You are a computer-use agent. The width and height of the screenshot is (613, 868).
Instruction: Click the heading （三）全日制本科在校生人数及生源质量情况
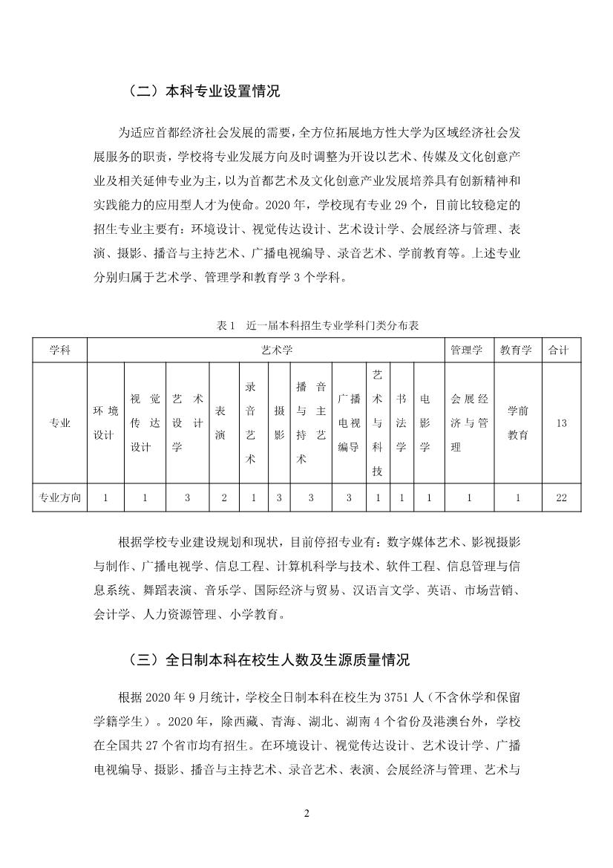(269, 659)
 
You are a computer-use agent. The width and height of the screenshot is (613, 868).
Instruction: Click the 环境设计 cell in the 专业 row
(105, 423)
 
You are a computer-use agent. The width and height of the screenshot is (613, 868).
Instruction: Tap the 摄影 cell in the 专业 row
(279, 423)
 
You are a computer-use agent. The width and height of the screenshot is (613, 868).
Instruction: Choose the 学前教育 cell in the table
(517, 423)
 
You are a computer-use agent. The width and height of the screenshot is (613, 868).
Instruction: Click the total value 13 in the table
(561, 423)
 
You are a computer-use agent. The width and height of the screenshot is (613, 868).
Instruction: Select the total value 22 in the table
(561, 497)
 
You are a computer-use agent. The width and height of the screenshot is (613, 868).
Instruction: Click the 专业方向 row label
(59, 497)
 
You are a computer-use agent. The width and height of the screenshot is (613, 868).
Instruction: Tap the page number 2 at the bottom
(306, 813)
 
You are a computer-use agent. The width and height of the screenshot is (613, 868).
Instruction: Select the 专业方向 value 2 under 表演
(224, 497)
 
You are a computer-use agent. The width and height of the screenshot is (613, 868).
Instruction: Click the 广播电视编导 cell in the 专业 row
(349, 423)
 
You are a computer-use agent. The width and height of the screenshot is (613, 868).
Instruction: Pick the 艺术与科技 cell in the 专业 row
(378, 423)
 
